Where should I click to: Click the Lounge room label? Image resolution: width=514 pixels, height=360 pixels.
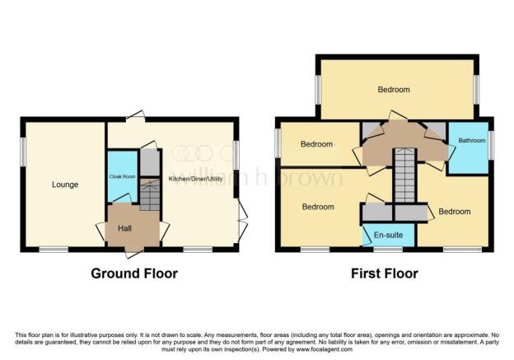click(64, 185)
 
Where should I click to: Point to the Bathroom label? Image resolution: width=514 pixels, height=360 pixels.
click(472, 141)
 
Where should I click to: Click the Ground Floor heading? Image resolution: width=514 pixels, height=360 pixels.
click(134, 274)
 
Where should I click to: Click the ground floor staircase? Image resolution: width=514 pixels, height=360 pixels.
click(148, 197)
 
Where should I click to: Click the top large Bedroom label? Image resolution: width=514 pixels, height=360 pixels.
click(395, 89)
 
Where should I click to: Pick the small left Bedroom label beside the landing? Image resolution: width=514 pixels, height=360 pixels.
click(316, 145)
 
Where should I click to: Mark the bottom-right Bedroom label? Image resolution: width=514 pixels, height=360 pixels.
click(454, 212)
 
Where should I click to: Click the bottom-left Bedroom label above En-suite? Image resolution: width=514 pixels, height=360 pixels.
click(317, 207)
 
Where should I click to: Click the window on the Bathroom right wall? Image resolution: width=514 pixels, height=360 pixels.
click(492, 144)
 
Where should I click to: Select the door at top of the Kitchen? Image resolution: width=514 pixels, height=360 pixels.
click(140, 117)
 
